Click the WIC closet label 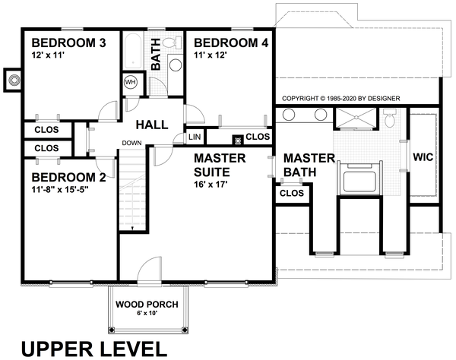click(423, 157)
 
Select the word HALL click(154, 124)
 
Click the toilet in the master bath click(391, 118)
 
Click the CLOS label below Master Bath click(292, 193)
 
